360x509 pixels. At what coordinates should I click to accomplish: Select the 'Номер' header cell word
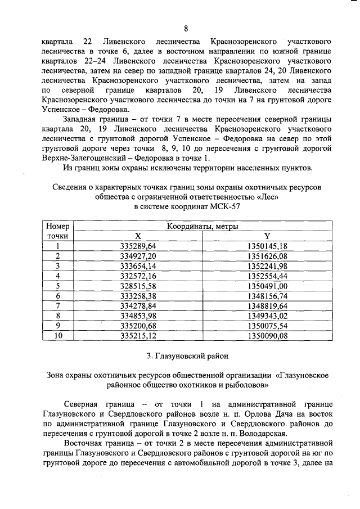[x=57, y=226]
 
